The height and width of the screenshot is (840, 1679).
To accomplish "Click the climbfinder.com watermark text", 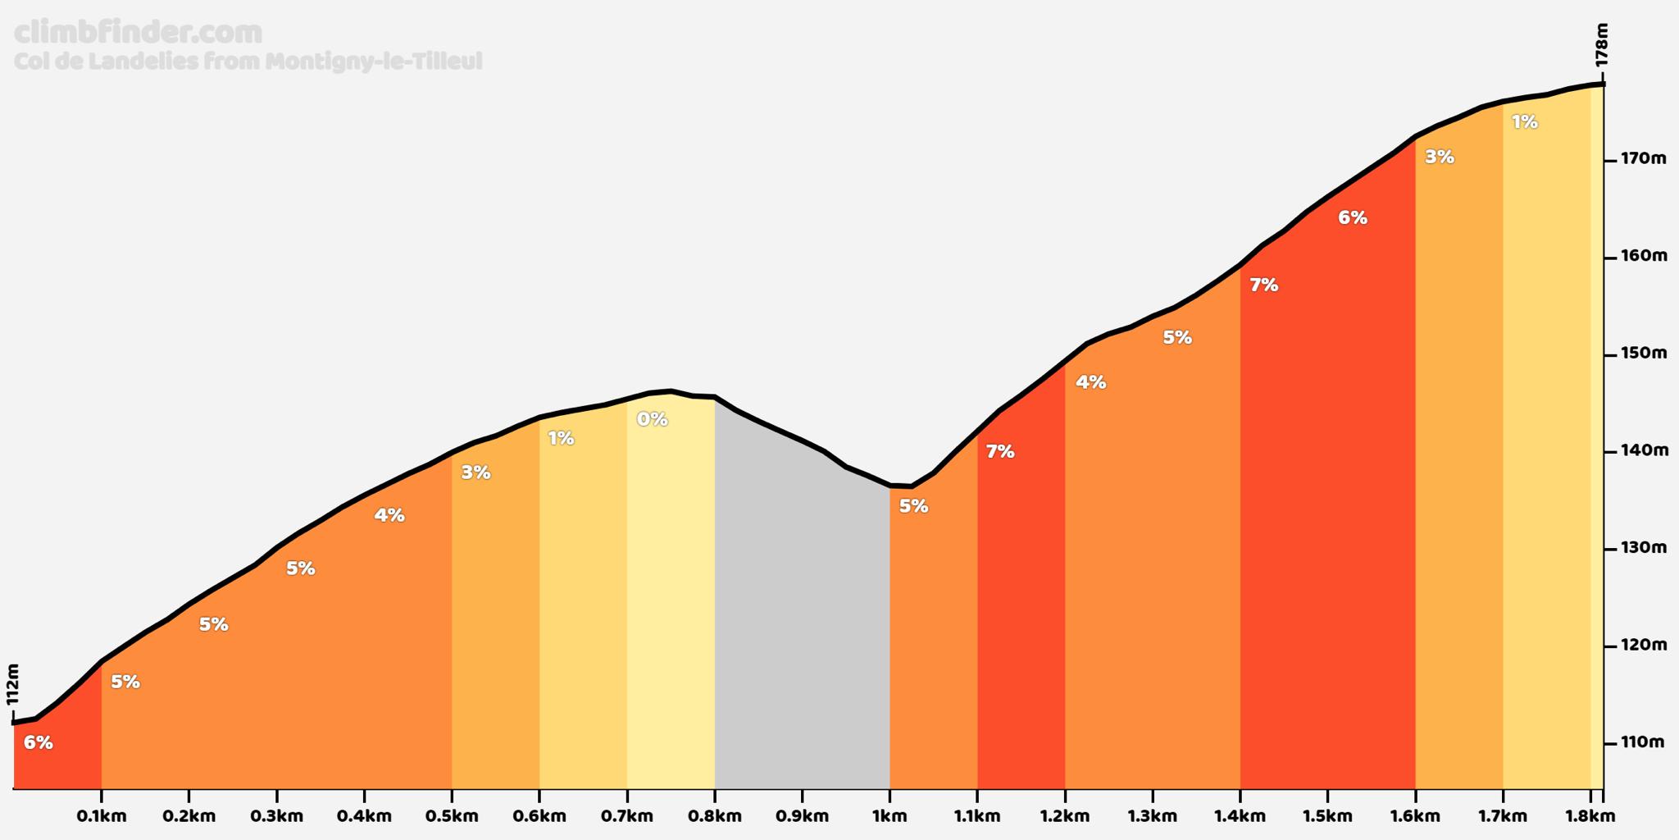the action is coord(139,33).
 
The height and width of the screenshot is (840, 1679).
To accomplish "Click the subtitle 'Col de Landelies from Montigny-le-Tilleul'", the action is coord(248,62).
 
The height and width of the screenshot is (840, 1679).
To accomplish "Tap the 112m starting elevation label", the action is coord(12,684).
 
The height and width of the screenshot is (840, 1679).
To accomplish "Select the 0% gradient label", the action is coord(653,419).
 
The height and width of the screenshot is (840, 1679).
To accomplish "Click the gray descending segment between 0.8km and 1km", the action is coord(802,615).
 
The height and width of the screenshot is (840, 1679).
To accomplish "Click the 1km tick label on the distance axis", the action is coord(890,816).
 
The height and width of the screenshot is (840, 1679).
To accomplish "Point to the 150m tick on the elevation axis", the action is coord(1643,354).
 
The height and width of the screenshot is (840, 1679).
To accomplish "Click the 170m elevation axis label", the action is coord(1643,158).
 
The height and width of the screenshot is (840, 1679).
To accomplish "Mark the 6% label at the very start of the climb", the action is coord(39,742).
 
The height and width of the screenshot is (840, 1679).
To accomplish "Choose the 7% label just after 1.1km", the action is coord(1000,451).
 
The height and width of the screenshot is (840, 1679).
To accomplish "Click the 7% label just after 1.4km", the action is coord(1264,285).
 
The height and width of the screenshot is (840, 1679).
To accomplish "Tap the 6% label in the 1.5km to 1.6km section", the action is coord(1353,217).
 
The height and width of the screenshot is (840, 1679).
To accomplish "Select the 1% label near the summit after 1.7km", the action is coord(1524,122).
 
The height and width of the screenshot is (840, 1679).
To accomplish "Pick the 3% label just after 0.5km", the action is coord(475,472).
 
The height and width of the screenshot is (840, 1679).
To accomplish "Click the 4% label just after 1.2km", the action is coord(1091,381).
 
